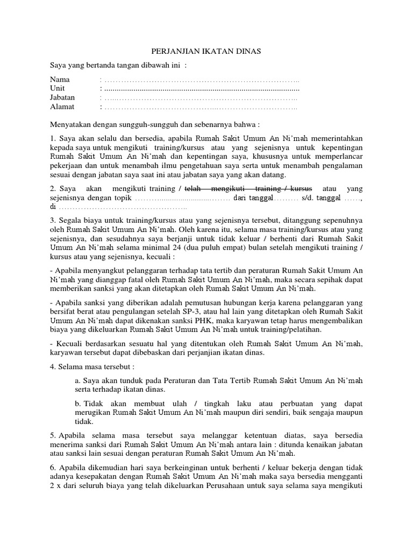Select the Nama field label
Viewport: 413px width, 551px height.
[x=60, y=80]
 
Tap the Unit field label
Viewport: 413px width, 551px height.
[x=58, y=89]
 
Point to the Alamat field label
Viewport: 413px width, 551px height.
[x=62, y=107]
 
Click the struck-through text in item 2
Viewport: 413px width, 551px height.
[x=248, y=189]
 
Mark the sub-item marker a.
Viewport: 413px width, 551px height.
[x=79, y=380]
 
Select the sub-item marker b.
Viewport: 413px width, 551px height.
[x=79, y=404]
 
